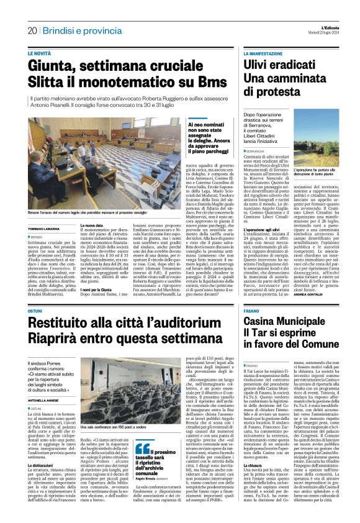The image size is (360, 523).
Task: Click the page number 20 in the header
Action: point(32,30)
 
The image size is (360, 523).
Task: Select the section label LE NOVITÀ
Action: point(40,54)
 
